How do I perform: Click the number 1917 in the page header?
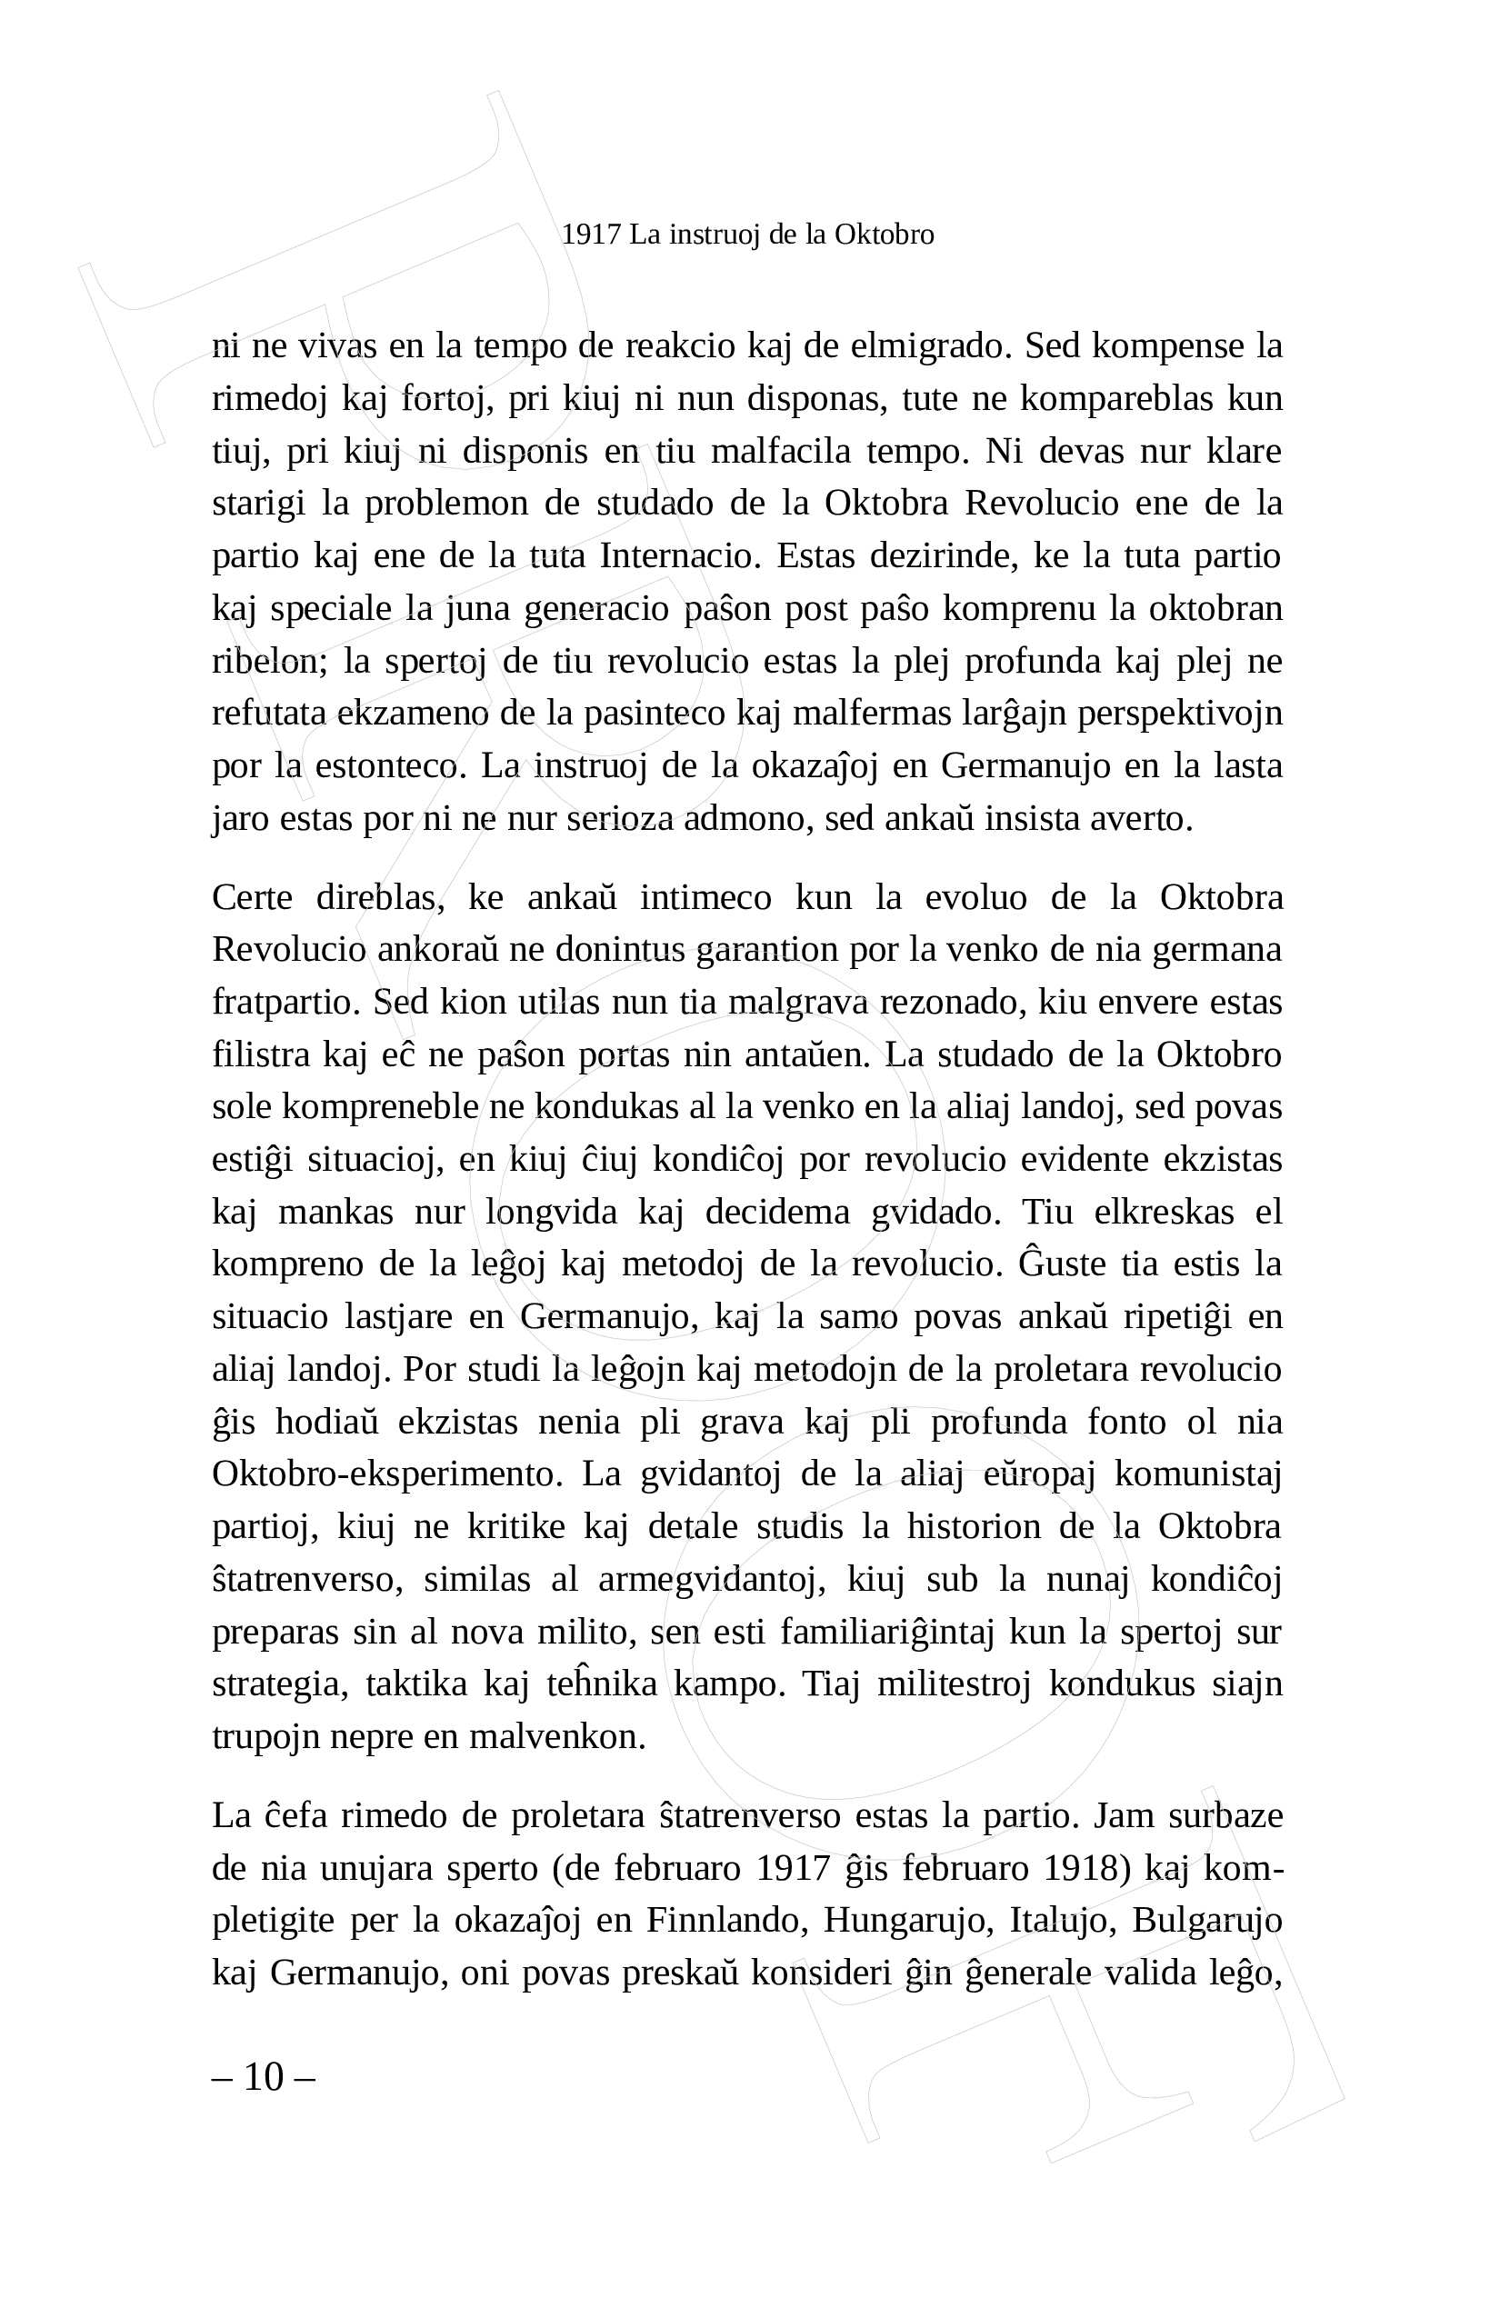pyautogui.click(x=590, y=235)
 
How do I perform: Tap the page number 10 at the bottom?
pyautogui.click(x=263, y=2076)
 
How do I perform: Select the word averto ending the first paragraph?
pyautogui.click(x=1145, y=819)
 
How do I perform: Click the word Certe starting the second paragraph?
pyautogui.click(x=253, y=897)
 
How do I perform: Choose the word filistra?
pyautogui.click(x=259, y=1054)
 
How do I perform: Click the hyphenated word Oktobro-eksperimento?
pyautogui.click(x=387, y=1475)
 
